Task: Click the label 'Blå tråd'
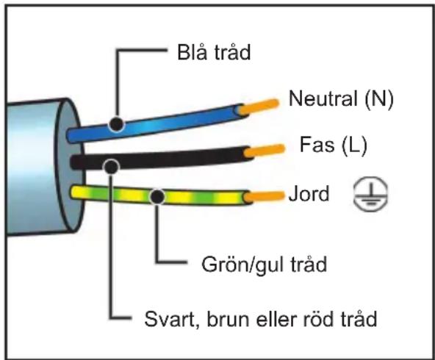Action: [x=214, y=52]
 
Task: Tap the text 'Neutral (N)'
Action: [x=341, y=98]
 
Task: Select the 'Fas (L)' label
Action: [x=334, y=145]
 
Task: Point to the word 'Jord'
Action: [x=309, y=193]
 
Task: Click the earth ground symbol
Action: [x=370, y=194]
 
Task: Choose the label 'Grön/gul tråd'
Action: [x=264, y=265]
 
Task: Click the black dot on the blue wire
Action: [x=116, y=124]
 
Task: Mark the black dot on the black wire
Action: [x=111, y=167]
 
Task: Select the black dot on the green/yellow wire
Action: [x=157, y=197]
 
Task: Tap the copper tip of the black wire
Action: [x=265, y=151]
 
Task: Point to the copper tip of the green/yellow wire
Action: [x=265, y=196]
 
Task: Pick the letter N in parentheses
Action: [x=379, y=98]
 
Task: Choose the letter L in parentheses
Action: [x=355, y=145]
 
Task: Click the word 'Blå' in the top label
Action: [x=193, y=52]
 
